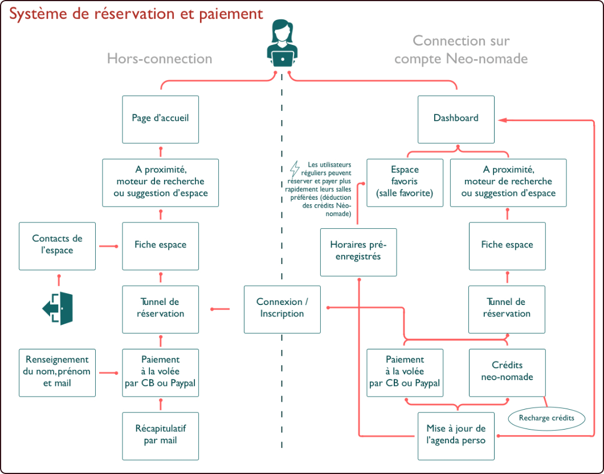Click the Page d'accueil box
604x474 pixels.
pyautogui.click(x=161, y=119)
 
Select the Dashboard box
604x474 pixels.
pyautogui.click(x=456, y=119)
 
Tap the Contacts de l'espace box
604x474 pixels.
pyautogui.click(x=57, y=245)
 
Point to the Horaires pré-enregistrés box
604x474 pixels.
pyautogui.click(x=358, y=252)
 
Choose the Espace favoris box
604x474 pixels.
pyautogui.click(x=405, y=182)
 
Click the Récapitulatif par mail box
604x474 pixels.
pyautogui.click(x=161, y=435)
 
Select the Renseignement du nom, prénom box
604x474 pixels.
pyautogui.click(x=57, y=372)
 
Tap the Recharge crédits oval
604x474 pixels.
pyautogui.click(x=546, y=418)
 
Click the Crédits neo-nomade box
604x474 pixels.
pyautogui.click(x=507, y=372)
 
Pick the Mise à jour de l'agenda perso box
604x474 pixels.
pyautogui.click(x=456, y=435)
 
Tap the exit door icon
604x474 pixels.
pyautogui.click(x=58, y=308)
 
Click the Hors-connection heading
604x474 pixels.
pyautogui.click(x=160, y=59)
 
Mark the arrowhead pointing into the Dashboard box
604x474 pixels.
pyautogui.click(x=503, y=119)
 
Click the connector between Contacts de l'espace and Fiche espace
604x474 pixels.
pyautogui.click(x=108, y=246)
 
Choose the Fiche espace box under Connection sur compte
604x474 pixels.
pyautogui.click(x=507, y=245)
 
